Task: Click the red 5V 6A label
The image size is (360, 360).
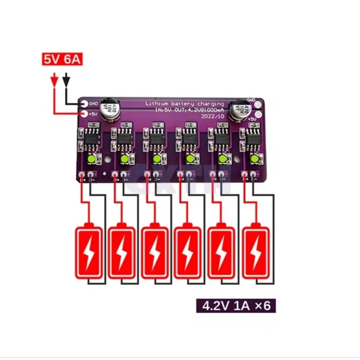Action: click(x=62, y=59)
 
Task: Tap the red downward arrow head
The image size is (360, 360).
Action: click(x=54, y=81)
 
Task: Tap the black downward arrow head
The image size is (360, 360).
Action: click(x=66, y=81)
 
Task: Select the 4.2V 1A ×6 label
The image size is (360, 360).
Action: click(x=236, y=306)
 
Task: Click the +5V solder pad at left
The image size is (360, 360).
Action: click(x=84, y=114)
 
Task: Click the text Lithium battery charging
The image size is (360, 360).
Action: click(x=185, y=104)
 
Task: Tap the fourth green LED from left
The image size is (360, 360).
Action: click(x=190, y=159)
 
